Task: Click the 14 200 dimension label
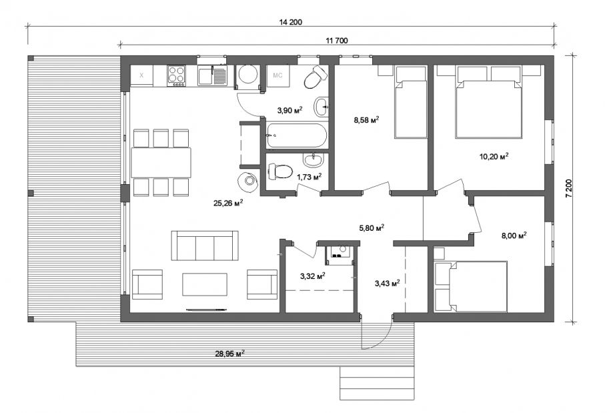(290, 22)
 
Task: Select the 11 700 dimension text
(337, 41)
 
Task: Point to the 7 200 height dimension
(568, 189)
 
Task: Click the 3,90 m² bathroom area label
(289, 110)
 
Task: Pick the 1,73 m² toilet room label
(310, 177)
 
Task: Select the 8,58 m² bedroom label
(366, 120)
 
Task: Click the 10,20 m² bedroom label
(494, 156)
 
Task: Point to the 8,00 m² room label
(514, 236)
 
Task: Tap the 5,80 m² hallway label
(372, 228)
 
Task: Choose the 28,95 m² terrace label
(229, 353)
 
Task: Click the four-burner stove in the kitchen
(177, 75)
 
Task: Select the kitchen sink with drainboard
(212, 75)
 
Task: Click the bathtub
(297, 136)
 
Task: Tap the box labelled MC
(278, 75)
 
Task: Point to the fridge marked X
(141, 75)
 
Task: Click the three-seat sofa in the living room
(205, 246)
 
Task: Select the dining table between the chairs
(161, 162)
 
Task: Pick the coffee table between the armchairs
(205, 284)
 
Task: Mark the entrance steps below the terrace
(377, 383)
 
